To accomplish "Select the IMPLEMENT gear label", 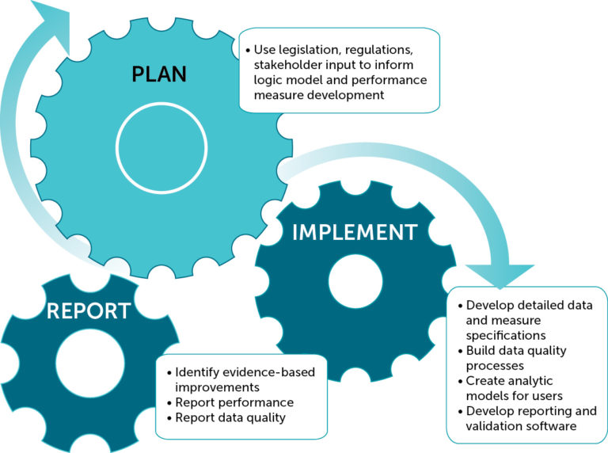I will (354, 232).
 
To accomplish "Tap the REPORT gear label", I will (88, 310).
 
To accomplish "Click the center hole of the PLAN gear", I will (161, 146).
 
